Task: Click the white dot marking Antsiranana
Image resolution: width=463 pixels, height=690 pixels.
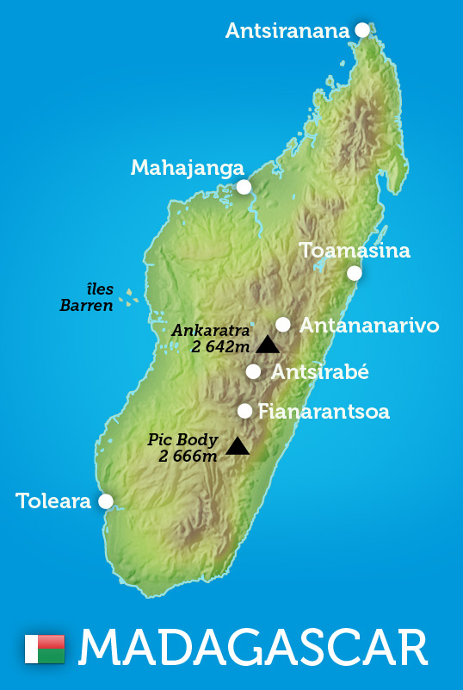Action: [x=362, y=30]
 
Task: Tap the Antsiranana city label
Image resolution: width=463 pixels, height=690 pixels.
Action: [x=287, y=31]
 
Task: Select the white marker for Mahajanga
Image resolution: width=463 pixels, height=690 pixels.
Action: [x=244, y=187]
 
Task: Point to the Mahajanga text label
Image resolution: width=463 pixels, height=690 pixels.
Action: [x=187, y=168]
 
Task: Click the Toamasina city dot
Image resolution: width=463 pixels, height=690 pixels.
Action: [x=354, y=273]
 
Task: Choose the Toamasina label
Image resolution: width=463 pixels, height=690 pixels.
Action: [x=355, y=251]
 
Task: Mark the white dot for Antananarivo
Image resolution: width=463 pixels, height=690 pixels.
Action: [x=283, y=325]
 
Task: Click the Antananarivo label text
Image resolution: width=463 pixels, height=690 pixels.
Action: [x=369, y=326]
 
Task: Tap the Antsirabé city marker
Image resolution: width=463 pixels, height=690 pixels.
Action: [x=253, y=371]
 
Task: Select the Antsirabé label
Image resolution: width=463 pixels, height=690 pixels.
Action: [x=319, y=372]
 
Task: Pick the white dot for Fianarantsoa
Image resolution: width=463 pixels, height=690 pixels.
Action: [x=245, y=411]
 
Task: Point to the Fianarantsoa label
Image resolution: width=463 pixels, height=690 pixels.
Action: [x=324, y=412]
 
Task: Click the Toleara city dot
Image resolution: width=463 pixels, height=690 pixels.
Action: [x=106, y=500]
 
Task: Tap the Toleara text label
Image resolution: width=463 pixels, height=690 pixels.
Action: [x=53, y=500]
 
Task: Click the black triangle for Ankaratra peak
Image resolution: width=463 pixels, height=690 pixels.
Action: [x=268, y=345]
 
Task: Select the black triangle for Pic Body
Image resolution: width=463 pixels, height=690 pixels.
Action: [x=238, y=445]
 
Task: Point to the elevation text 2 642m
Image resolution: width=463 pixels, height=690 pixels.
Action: [x=221, y=347]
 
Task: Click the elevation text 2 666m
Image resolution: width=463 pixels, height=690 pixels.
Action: [x=188, y=456]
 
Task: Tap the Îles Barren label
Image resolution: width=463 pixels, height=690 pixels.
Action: [x=87, y=297]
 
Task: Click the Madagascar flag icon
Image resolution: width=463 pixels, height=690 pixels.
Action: [x=45, y=649]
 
